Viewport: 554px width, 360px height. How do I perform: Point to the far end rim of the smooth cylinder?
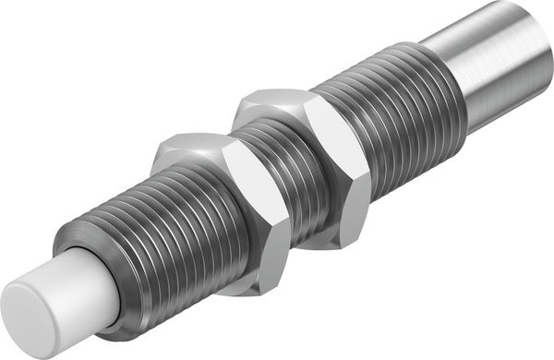tap(540, 37)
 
